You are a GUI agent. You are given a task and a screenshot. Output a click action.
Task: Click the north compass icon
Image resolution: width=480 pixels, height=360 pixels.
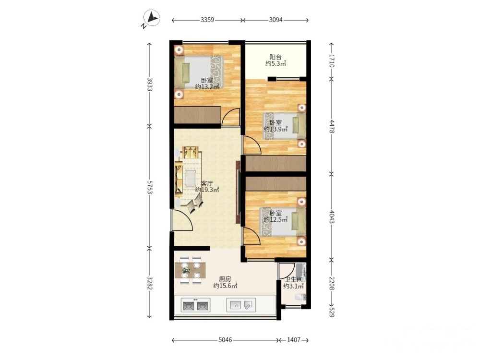point(152,18)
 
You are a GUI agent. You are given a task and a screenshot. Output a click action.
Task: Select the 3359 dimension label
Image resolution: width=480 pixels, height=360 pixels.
point(207,20)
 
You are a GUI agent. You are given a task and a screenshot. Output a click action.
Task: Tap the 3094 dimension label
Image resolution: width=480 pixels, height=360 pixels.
point(276,20)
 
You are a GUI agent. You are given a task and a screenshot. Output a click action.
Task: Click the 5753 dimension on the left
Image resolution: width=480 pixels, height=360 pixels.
point(150,187)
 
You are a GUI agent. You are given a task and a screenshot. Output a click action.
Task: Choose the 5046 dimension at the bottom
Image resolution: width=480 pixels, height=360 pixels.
point(225,340)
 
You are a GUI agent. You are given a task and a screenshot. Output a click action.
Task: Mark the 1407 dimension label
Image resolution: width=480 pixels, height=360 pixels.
point(294,340)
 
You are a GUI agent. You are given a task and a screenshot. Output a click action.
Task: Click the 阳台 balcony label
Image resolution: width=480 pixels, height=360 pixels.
point(276,57)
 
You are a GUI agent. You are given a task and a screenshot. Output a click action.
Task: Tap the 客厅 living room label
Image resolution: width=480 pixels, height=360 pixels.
point(207,183)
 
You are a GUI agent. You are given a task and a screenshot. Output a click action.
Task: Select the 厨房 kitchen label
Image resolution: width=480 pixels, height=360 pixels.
point(225,279)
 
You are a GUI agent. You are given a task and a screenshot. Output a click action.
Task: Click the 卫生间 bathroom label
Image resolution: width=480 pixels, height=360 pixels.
point(294,279)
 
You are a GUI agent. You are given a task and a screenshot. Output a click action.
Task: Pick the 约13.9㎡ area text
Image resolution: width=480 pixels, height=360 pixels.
point(276,129)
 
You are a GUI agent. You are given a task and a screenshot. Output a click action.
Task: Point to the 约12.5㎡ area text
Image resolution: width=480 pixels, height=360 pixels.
point(276,219)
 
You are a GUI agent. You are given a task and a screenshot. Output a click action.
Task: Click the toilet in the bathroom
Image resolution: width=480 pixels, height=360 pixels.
point(300,297)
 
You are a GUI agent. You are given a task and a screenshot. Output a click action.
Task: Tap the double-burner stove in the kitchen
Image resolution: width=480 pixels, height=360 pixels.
point(195,305)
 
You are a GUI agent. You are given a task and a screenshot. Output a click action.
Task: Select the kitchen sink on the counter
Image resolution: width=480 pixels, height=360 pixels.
point(241,305)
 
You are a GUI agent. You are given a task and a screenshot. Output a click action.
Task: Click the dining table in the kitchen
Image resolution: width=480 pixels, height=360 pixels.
point(190,270)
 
